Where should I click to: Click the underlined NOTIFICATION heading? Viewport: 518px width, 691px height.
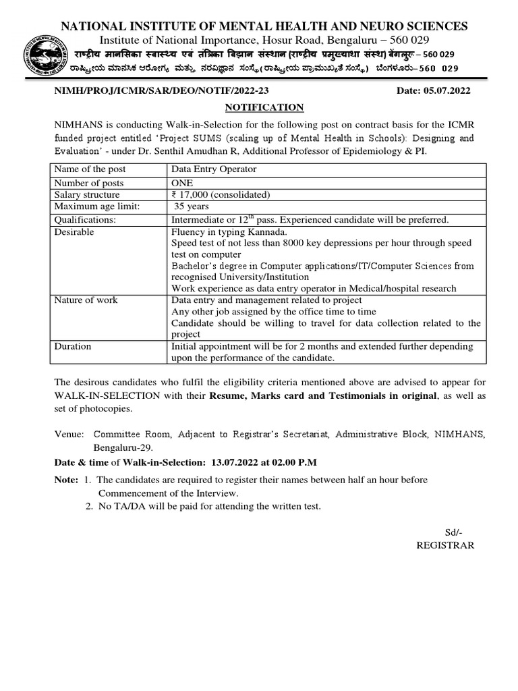264,107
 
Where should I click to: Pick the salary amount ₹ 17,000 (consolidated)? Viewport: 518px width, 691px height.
221,195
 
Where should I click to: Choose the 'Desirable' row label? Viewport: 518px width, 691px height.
74,231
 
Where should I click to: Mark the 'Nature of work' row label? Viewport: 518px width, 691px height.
86,300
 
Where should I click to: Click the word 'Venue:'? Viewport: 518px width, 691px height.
69,435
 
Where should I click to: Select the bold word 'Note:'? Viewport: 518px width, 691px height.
65,479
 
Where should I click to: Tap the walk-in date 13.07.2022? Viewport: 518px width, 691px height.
235,462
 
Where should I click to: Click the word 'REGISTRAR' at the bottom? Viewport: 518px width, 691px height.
446,545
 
